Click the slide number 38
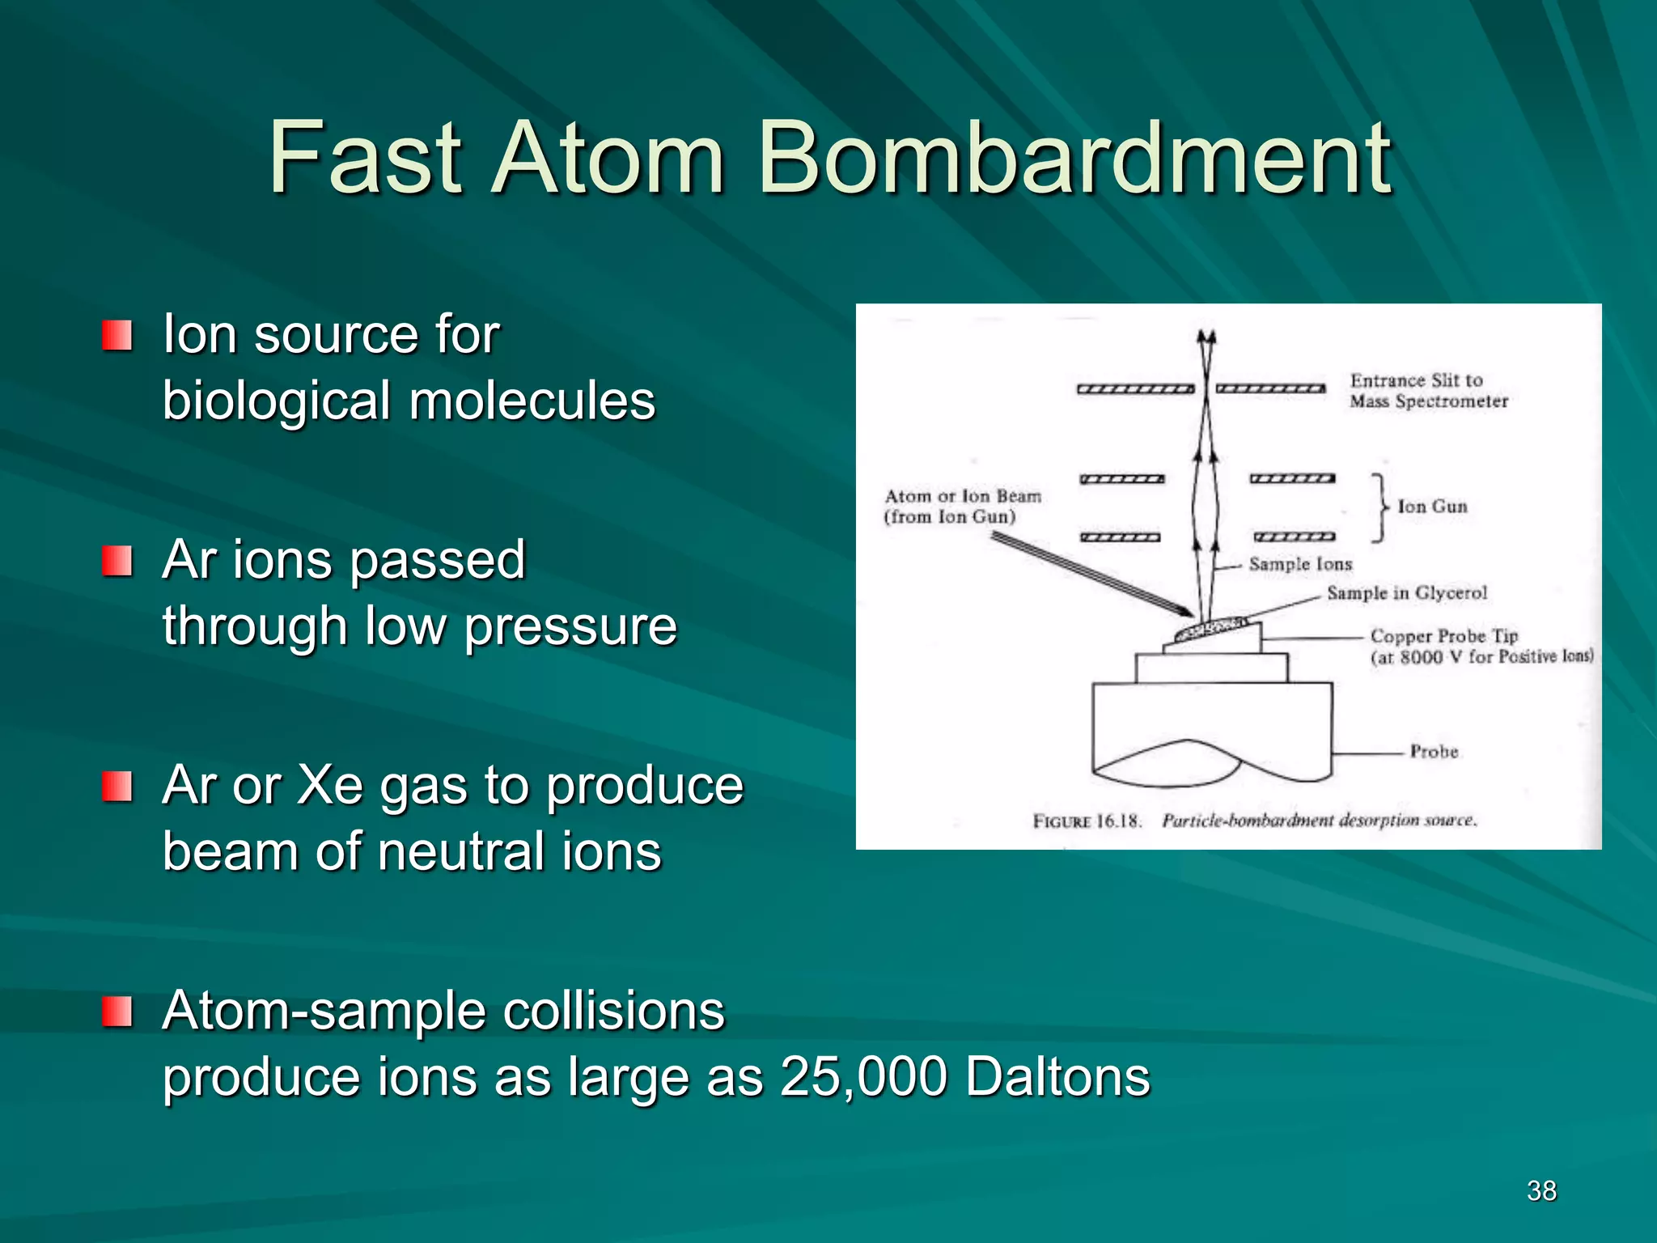coord(1541,1190)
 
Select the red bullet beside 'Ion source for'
coord(117,335)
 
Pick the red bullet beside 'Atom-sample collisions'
coord(117,1011)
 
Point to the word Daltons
coord(1058,1076)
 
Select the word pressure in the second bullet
coord(570,626)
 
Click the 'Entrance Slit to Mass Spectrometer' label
coord(1428,391)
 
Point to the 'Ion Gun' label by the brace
coord(1432,507)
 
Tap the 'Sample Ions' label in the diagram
coord(1300,564)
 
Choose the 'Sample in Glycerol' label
coord(1407,593)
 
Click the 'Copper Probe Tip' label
coord(1444,636)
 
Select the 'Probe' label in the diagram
coord(1434,752)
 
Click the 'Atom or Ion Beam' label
coord(963,497)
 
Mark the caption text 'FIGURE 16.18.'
coord(1087,821)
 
